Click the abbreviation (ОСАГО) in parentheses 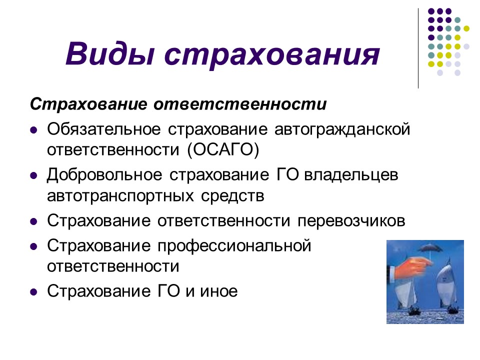click(x=224, y=149)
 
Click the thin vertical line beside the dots click(x=418, y=47)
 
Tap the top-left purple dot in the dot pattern click(x=430, y=11)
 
